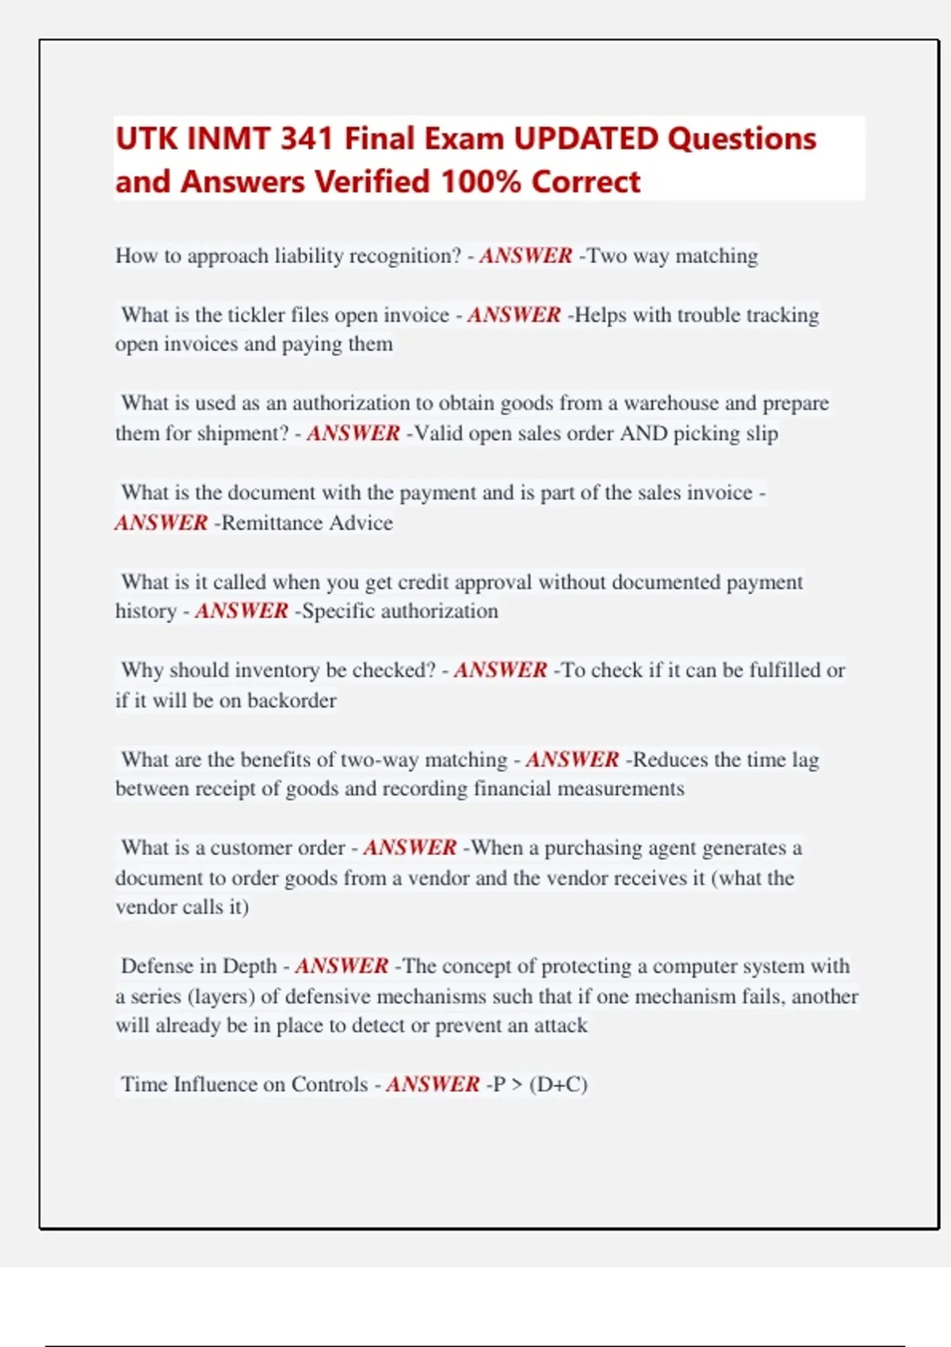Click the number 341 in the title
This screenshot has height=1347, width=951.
click(x=307, y=139)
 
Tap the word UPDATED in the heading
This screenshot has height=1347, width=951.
click(x=586, y=139)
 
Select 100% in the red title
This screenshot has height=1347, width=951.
click(x=480, y=181)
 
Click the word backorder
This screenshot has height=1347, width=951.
click(x=292, y=700)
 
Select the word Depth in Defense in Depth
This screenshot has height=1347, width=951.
click(x=250, y=966)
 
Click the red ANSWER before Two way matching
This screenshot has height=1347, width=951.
click(x=525, y=256)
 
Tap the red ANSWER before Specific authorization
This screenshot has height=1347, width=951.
click(x=242, y=611)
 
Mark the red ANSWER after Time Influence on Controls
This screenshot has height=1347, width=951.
click(x=433, y=1084)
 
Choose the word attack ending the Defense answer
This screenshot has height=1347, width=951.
click(x=560, y=1025)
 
